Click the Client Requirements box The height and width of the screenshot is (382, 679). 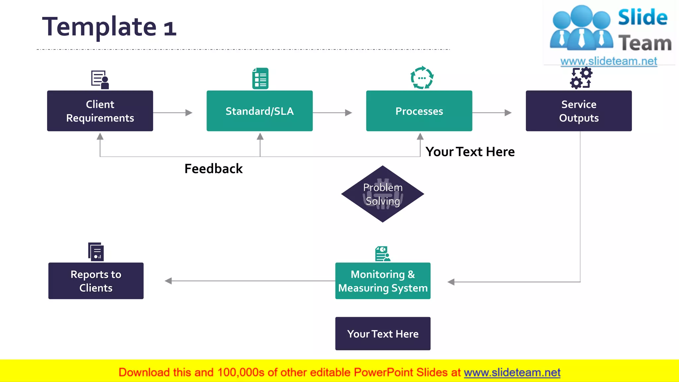[100, 111]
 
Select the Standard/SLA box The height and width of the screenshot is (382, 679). [259, 111]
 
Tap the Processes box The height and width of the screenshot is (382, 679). [419, 111]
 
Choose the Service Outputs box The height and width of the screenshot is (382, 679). [579, 111]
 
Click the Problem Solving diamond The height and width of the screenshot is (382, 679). [383, 194]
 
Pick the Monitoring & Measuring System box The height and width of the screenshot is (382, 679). [383, 281]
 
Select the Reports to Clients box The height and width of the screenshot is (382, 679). [96, 281]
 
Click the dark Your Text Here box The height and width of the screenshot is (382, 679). [383, 334]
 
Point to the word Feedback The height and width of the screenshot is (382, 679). [214, 169]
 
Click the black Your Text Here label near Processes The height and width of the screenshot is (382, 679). [470, 152]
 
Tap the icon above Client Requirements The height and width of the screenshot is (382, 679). [100, 80]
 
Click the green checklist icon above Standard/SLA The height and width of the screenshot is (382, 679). [260, 79]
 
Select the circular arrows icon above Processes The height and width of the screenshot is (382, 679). [422, 78]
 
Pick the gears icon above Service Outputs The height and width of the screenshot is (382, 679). [581, 78]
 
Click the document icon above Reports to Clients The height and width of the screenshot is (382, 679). [96, 252]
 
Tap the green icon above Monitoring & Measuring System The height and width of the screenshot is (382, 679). [383, 254]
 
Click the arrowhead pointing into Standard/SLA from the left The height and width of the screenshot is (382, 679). [189, 113]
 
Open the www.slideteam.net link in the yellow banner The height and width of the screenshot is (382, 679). [512, 373]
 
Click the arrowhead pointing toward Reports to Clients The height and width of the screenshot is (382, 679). [168, 281]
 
